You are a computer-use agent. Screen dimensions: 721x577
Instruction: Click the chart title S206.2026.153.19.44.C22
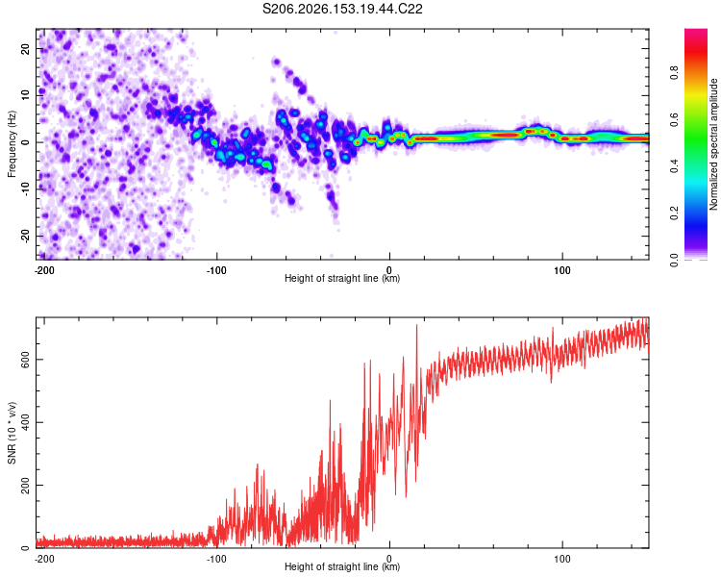pos(342,9)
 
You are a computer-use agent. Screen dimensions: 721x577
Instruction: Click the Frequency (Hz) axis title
pos(12,144)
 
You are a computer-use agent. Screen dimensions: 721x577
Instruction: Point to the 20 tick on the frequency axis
pos(25,49)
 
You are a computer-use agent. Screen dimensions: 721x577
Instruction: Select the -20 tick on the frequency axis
pos(25,236)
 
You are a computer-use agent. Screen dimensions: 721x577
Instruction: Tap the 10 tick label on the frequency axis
pos(25,95)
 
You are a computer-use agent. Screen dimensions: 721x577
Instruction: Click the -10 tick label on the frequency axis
pos(25,188)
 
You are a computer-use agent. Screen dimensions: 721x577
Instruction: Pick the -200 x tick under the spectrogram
pos(44,270)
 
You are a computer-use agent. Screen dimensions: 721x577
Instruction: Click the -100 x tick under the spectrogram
pos(216,270)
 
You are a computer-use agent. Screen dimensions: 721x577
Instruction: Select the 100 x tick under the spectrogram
pos(562,270)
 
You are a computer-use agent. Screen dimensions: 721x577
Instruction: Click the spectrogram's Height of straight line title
pos(342,278)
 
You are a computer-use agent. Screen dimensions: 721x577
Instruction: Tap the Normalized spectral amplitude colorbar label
pos(713,144)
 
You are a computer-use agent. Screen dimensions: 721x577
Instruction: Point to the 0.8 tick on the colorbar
pos(674,73)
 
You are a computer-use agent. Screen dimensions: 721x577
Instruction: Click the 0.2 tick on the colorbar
pos(674,213)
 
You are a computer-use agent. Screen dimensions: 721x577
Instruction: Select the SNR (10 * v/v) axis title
pos(12,433)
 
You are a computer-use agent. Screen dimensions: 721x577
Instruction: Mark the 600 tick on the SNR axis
pos(25,360)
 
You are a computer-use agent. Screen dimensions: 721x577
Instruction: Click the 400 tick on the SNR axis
pos(25,422)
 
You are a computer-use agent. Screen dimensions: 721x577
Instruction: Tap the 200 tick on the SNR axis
pos(25,485)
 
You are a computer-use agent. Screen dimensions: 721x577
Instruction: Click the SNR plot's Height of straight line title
pos(342,566)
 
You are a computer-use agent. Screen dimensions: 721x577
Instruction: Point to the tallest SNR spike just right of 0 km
pos(417,325)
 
